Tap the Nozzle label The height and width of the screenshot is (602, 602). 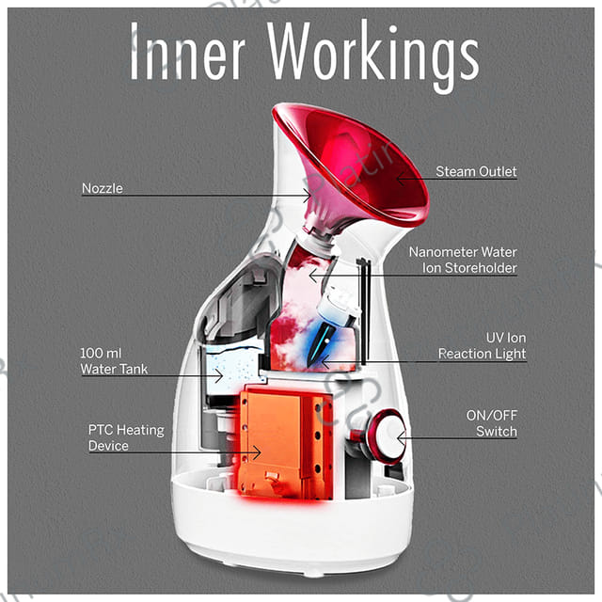[102, 188]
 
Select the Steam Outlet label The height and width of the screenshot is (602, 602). [476, 172]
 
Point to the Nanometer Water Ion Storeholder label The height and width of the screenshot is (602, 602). [463, 261]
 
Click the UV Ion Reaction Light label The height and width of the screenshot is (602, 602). [483, 345]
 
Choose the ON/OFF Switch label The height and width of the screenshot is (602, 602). [491, 423]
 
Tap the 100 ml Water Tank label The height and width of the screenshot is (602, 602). [114, 360]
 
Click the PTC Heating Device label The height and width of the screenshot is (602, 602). [126, 437]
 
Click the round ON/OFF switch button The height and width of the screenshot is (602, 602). [384, 435]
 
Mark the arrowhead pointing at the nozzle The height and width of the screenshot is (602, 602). [309, 195]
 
